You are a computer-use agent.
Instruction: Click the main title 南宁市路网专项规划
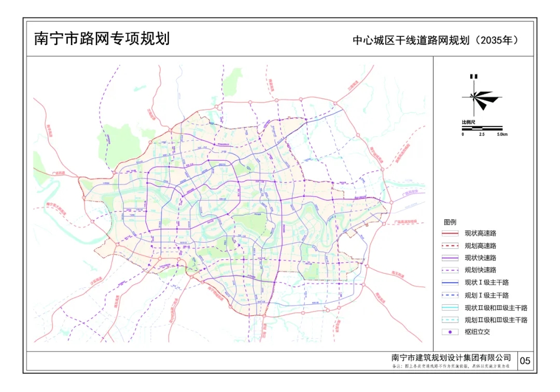click(102, 39)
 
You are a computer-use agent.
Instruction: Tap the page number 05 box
click(525, 361)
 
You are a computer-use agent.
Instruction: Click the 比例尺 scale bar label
click(469, 122)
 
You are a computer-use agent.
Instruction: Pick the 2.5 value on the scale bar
click(482, 134)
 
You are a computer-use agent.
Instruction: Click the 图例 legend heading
click(450, 222)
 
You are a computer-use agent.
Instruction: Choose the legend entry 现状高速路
click(480, 233)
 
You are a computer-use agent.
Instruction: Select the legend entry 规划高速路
click(480, 246)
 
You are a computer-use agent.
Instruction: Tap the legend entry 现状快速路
click(480, 258)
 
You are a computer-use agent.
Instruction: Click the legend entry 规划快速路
click(480, 270)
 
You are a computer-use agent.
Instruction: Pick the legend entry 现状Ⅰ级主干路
click(486, 283)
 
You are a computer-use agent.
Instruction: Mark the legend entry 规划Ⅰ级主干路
click(486, 295)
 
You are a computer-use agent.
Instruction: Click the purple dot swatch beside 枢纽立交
click(451, 332)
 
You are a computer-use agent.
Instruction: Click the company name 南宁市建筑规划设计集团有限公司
click(451, 358)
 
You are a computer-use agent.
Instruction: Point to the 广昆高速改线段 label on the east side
click(405, 221)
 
